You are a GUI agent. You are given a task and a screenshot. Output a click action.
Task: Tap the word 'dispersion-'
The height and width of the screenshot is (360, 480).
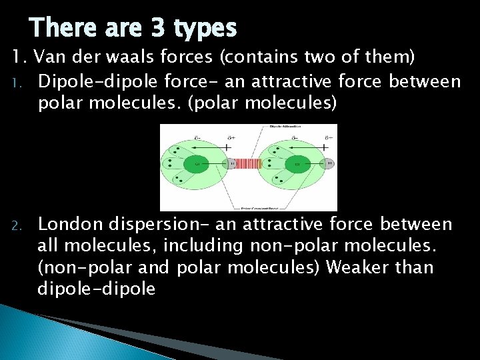click(x=155, y=225)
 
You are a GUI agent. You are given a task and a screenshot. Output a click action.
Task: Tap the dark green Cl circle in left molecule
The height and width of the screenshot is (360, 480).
click(x=198, y=163)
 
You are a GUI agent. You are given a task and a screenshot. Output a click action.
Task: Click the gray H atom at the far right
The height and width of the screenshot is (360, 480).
click(x=328, y=163)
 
